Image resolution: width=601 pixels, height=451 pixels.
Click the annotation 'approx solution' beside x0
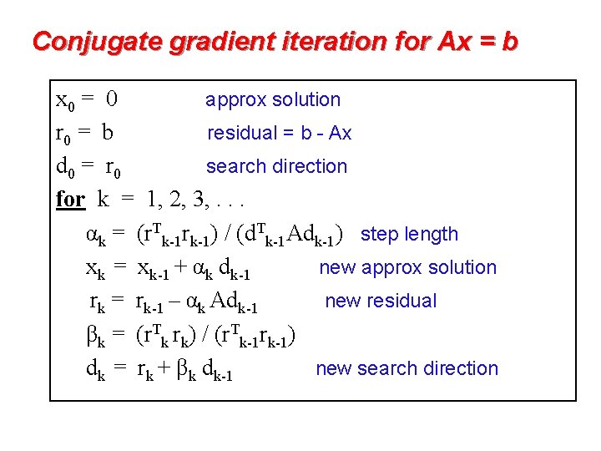273,100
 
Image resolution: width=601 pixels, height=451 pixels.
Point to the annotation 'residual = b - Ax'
279,133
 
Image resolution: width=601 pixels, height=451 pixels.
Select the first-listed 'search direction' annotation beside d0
276,166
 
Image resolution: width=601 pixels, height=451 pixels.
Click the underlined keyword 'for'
70,200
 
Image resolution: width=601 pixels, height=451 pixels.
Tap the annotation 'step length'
409,235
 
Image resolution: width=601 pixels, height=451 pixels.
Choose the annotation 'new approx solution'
407,267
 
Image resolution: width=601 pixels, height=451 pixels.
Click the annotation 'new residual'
381,301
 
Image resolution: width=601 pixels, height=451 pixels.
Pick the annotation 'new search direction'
407,368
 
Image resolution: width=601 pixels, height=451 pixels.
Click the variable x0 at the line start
64,101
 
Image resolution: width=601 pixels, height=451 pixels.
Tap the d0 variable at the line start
64,168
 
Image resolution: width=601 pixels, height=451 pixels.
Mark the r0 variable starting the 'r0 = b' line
63,134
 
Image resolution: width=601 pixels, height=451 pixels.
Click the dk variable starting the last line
95,370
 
